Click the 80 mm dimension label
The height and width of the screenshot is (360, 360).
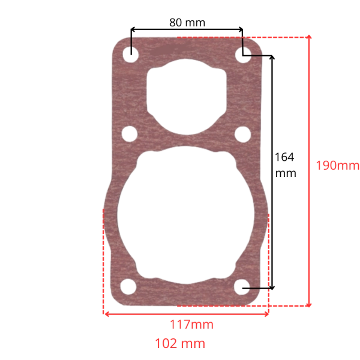(187, 23)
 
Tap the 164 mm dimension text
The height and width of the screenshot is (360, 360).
(286, 165)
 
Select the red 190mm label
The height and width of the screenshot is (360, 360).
(337, 166)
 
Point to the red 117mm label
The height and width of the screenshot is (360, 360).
(191, 325)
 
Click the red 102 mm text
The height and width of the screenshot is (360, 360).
(180, 344)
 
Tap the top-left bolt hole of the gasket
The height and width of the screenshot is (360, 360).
(131, 55)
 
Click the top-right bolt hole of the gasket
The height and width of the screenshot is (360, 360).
(244, 55)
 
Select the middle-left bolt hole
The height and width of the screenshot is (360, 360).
(130, 134)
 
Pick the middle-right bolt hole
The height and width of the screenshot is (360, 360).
(242, 134)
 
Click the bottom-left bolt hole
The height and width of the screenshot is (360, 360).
(128, 287)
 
